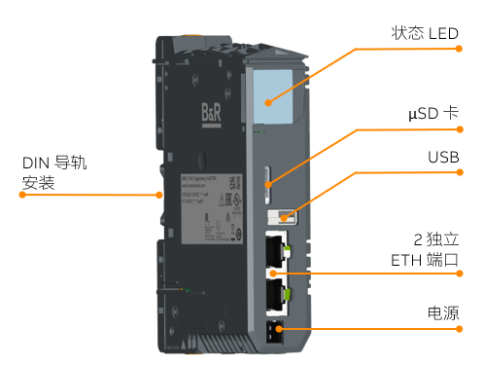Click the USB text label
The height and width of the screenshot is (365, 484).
click(x=443, y=157)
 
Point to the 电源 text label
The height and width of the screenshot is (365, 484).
click(x=443, y=313)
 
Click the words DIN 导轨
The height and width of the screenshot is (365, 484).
click(x=54, y=162)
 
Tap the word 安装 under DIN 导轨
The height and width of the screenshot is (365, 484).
click(x=38, y=183)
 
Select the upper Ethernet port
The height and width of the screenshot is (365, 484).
click(x=276, y=253)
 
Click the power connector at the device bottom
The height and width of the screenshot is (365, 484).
click(x=274, y=331)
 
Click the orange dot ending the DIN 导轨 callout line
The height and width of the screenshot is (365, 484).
click(x=160, y=195)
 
